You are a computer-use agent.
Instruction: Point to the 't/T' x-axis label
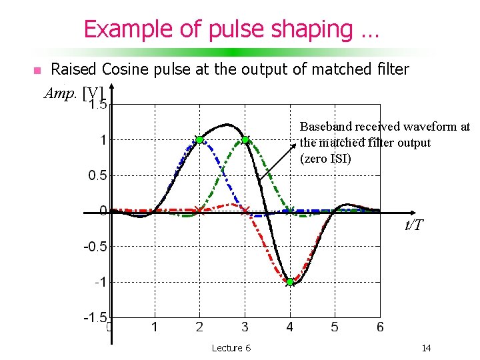(414, 225)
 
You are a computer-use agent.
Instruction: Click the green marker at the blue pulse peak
(199, 139)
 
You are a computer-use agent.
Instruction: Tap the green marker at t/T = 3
(245, 139)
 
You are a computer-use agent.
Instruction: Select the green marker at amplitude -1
(290, 282)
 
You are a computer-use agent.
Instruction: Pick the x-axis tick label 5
(335, 327)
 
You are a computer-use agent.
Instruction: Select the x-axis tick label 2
(199, 327)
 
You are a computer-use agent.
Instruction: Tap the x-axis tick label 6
(380, 327)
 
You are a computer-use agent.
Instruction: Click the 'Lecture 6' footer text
(231, 348)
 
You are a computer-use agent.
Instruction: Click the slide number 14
(426, 348)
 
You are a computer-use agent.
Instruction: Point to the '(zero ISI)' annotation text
(325, 159)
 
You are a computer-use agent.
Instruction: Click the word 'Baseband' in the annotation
(326, 126)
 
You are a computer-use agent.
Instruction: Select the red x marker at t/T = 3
(245, 211)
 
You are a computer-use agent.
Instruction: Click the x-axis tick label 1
(155, 327)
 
